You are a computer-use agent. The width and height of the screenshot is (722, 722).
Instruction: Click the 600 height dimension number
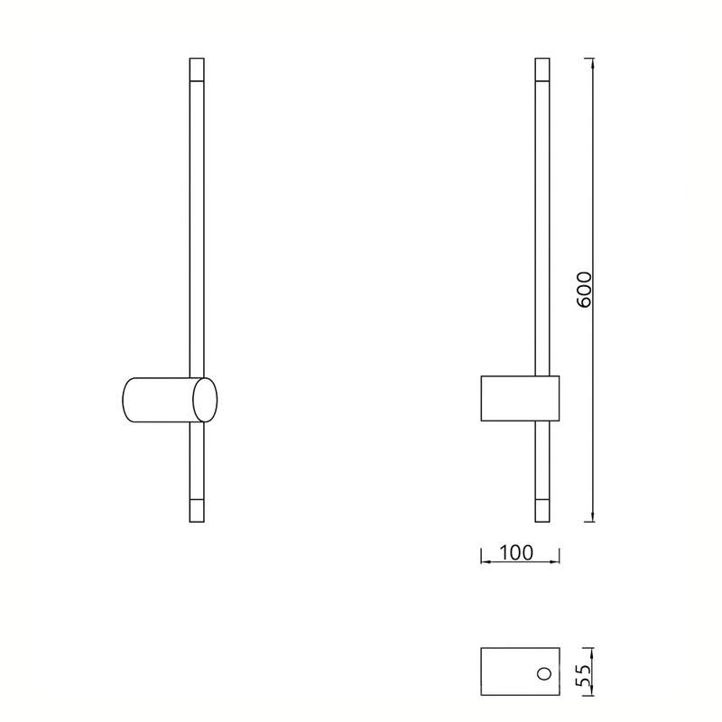tap(584, 289)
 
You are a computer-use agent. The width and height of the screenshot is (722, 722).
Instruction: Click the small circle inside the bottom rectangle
tap(543, 673)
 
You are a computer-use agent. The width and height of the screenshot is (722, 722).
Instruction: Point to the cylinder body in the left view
tap(158, 400)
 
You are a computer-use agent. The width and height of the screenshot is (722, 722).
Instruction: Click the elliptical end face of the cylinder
tap(205, 400)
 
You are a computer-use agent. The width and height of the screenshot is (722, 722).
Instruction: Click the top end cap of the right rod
tap(542, 69)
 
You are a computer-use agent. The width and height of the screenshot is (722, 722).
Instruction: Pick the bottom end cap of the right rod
tap(542, 510)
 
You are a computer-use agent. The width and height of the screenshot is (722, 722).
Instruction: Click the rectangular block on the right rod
tap(519, 399)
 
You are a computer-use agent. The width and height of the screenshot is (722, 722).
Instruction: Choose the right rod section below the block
tap(542, 460)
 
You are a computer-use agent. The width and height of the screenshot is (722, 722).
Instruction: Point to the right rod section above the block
tap(542, 226)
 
